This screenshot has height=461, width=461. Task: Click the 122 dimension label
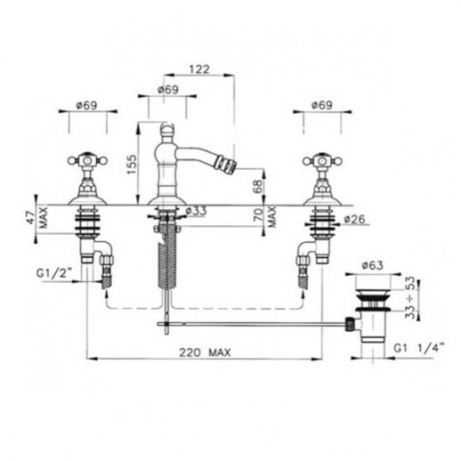199,69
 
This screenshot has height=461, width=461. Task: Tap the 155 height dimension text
132,164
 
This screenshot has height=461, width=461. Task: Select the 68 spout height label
258,187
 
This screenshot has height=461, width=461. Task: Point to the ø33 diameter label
196,212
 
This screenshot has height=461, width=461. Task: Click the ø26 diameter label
355,220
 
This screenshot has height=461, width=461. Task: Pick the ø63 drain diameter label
372,265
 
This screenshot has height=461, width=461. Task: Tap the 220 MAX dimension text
205,352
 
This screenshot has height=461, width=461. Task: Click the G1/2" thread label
54,273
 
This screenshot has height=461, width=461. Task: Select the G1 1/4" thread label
419,347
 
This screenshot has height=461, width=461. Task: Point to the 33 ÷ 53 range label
410,297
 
